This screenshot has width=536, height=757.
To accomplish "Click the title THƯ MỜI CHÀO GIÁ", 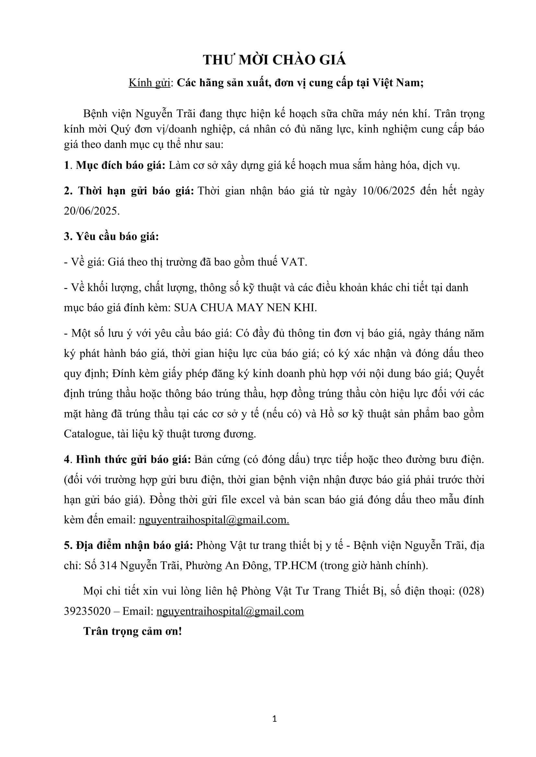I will coord(274,60).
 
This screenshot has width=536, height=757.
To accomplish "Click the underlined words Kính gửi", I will coord(149,83).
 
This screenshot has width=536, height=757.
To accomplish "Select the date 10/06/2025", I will coord(388,191).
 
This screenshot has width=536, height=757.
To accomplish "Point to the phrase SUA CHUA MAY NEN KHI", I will coord(245,307).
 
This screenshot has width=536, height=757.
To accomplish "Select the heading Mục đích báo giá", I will coord(121,165).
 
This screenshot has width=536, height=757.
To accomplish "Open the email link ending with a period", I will coord(214,520).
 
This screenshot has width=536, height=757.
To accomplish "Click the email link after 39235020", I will coord(230,611).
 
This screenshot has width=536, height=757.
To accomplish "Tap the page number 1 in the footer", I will coord(274,719).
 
